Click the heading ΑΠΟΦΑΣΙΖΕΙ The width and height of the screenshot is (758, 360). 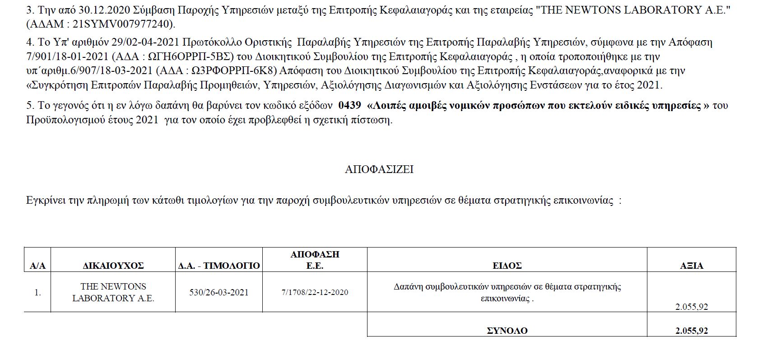point(379,169)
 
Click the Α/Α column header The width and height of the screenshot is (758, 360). point(37,266)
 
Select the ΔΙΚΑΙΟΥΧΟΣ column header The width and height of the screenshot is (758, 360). point(113,266)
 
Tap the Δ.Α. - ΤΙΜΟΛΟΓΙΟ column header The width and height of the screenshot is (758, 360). point(219,266)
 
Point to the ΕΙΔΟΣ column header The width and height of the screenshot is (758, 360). point(507,266)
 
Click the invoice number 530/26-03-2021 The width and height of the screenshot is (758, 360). point(219,292)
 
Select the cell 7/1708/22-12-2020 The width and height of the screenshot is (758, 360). point(315,292)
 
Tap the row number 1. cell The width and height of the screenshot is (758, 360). point(37,292)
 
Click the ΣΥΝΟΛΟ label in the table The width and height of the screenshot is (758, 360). point(507,331)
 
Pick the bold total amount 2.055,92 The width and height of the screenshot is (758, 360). point(691,331)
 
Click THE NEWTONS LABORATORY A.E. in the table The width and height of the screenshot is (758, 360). point(113,292)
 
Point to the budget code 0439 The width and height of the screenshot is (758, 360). point(349,106)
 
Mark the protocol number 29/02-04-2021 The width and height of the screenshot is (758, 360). point(143,43)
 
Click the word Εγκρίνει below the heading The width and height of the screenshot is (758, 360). point(45,201)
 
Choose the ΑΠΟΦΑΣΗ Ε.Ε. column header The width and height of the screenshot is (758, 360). point(315,260)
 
